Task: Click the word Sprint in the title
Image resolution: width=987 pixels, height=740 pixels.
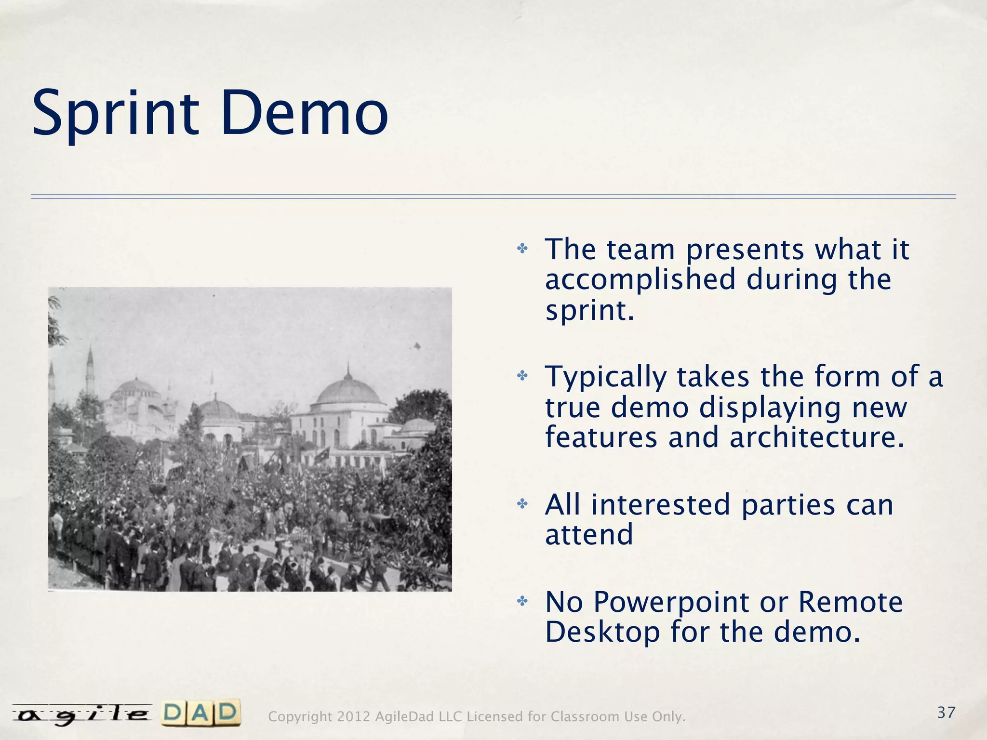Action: tap(116, 114)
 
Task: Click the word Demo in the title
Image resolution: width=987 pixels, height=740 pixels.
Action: tap(305, 114)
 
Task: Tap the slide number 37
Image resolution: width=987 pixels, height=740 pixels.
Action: tap(946, 712)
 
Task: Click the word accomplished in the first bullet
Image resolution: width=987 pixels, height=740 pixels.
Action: tap(640, 280)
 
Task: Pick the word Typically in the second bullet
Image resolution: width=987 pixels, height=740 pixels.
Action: tap(606, 378)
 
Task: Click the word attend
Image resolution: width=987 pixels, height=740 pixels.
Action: tap(589, 535)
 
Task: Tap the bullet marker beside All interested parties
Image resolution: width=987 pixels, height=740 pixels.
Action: tap(522, 504)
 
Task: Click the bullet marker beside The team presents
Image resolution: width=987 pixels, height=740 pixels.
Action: tap(522, 249)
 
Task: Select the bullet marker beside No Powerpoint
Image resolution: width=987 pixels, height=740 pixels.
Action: tap(522, 601)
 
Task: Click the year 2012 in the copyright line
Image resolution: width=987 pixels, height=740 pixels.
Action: tap(353, 717)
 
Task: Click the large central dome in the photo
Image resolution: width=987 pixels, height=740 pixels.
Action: tap(348, 391)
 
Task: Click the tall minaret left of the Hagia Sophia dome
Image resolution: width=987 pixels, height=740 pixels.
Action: tap(90, 371)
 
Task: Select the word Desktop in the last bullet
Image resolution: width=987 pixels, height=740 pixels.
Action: tap(602, 632)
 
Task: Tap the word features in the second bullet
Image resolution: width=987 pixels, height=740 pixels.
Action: tap(601, 437)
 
